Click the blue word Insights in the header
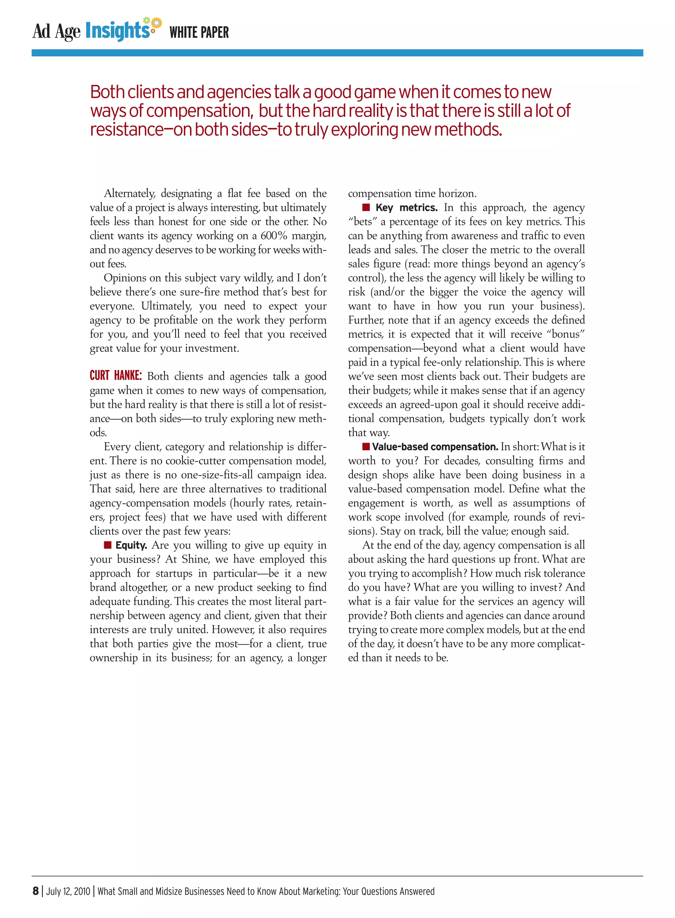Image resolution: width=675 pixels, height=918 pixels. (118, 31)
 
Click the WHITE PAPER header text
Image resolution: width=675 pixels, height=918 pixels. (199, 32)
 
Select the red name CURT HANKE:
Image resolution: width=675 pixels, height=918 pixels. (116, 376)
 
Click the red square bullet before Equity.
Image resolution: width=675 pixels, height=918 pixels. (108, 545)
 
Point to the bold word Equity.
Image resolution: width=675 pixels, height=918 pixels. (131, 545)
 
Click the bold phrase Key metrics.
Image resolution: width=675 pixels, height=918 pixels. (406, 208)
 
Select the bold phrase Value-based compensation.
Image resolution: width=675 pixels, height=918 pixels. (435, 447)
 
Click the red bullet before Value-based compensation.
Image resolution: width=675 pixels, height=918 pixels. (366, 446)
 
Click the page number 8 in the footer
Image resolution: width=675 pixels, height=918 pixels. (36, 891)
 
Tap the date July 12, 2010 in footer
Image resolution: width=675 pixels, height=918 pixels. (68, 891)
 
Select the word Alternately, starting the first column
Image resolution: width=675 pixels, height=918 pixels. (129, 193)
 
